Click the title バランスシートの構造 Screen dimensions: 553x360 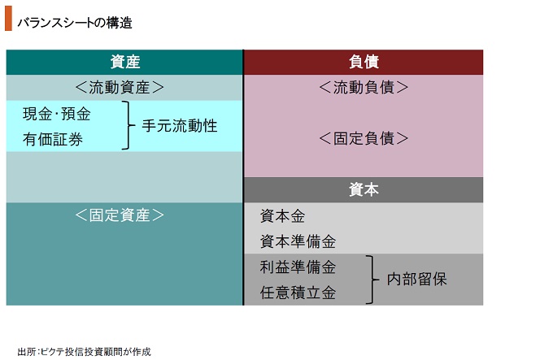(75, 23)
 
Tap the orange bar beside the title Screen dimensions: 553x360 (8, 19)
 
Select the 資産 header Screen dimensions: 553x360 (125, 62)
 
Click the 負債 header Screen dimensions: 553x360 (364, 62)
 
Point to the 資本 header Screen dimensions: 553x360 (364, 190)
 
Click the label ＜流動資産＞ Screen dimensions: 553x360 (120, 87)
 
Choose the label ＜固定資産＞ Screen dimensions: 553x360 (120, 215)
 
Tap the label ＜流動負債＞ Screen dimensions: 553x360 (364, 87)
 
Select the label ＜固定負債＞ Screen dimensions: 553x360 (364, 138)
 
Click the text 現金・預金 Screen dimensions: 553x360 (57, 114)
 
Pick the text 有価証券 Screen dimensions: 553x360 (53, 140)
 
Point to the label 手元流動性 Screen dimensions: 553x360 (180, 126)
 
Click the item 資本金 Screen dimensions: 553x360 (282, 216)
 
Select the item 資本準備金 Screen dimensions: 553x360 (298, 241)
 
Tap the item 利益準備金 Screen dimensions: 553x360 (298, 267)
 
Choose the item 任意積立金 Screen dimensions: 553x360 (298, 293)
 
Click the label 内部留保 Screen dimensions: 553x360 (417, 280)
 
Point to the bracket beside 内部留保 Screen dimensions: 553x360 (372, 280)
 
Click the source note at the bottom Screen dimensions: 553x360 (85, 352)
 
